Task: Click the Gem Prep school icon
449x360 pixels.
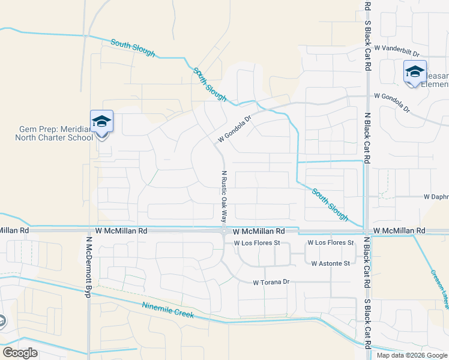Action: point(101,122)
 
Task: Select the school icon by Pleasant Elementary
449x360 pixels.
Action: point(414,72)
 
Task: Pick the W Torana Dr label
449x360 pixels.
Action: point(271,282)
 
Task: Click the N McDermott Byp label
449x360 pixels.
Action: point(88,266)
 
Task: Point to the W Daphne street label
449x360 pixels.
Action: point(436,196)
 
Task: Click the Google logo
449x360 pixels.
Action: point(20,352)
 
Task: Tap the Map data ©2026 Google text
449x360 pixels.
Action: point(411,355)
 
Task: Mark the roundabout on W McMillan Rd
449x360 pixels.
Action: point(223,230)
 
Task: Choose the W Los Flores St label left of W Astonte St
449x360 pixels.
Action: point(258,243)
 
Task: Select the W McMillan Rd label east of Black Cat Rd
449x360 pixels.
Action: point(399,230)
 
